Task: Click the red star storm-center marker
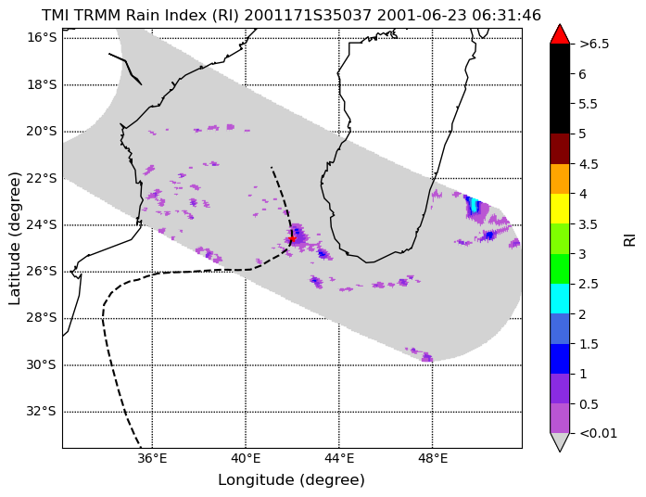[x=292, y=238]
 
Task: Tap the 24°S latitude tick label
[x=41, y=225]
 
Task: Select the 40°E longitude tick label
[x=246, y=458]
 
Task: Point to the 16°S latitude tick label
[x=41, y=38]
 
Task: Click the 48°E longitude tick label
[x=433, y=458]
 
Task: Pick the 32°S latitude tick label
[x=41, y=412]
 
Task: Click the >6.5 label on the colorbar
[x=594, y=45]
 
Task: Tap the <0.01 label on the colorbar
[x=598, y=434]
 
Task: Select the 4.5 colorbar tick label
[x=588, y=164]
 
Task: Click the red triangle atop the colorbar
[x=560, y=34]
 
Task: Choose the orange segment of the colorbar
[x=560, y=179]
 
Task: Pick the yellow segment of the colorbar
[x=560, y=209]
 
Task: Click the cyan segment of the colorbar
[x=560, y=299]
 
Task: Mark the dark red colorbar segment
[x=560, y=148]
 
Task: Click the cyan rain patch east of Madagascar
[x=475, y=205]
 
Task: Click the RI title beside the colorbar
[x=629, y=239]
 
